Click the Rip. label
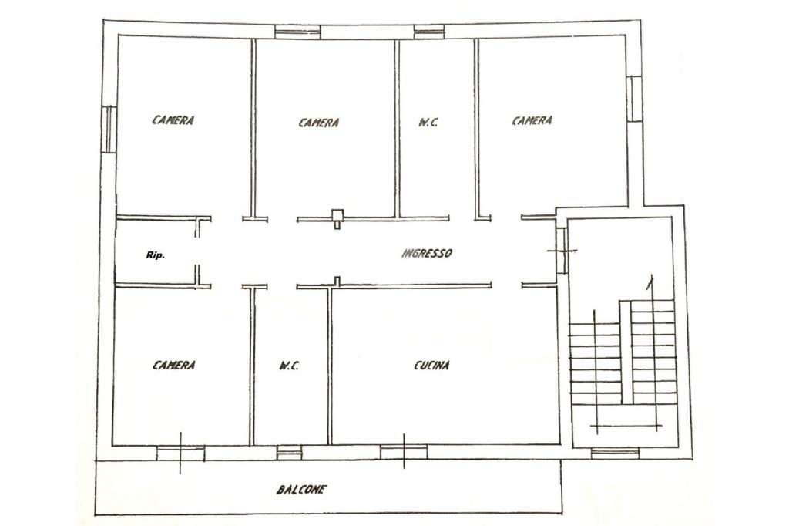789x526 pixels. [155, 255]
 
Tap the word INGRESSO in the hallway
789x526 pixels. [427, 253]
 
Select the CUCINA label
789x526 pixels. [431, 366]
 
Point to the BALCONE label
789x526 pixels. [301, 489]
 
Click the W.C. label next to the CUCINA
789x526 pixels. [289, 366]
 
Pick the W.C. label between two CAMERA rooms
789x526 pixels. [428, 123]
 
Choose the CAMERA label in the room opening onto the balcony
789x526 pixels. [173, 365]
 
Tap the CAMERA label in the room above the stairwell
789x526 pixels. [532, 121]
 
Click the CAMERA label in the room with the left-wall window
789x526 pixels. [173, 120]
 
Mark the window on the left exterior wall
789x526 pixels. [109, 129]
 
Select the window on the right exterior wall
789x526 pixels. [633, 98]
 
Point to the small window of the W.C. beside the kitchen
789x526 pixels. [290, 452]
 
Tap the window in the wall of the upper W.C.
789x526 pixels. [429, 32]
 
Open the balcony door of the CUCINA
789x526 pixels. [404, 452]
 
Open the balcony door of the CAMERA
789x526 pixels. [180, 453]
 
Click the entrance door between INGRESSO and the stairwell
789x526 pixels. [562, 251]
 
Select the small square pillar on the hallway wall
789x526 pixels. [337, 215]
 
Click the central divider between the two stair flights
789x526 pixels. [625, 352]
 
